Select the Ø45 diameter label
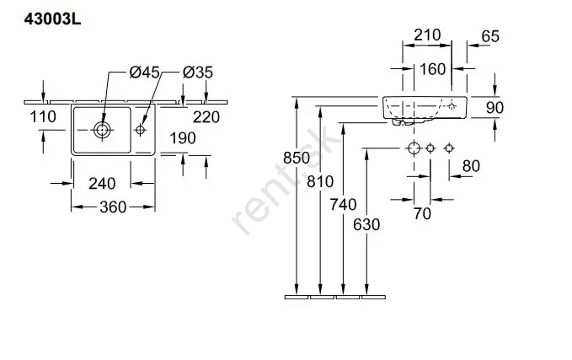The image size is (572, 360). (x=145, y=73)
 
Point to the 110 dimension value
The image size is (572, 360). (x=42, y=117)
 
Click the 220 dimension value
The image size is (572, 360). (x=206, y=117)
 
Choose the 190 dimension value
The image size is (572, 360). (x=182, y=138)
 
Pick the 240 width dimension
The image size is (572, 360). (x=102, y=183)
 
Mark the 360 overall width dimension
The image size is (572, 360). (x=113, y=207)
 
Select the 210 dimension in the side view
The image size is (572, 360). (x=428, y=35)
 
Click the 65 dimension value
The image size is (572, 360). (x=490, y=35)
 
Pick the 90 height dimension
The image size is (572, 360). (x=495, y=107)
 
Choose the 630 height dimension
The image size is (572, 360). (x=366, y=225)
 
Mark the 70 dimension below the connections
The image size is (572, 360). (x=422, y=214)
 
